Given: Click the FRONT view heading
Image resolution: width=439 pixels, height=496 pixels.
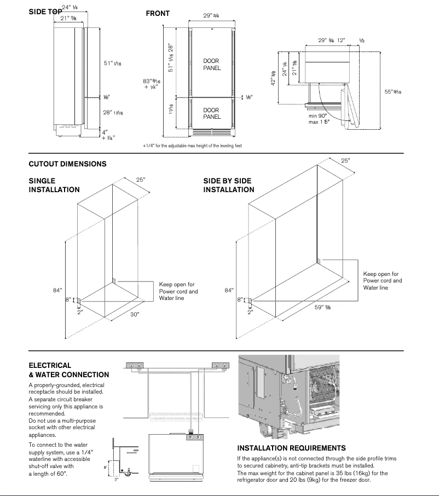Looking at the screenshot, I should (x=158, y=13).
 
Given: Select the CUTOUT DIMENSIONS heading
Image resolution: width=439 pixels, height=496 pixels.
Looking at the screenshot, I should (x=67, y=164).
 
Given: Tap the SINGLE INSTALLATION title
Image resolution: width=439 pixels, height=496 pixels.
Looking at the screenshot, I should (x=54, y=185).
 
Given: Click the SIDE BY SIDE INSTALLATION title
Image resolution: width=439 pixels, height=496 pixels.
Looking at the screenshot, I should (x=229, y=185).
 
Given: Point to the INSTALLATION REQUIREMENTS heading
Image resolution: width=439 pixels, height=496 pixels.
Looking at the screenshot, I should (x=291, y=448).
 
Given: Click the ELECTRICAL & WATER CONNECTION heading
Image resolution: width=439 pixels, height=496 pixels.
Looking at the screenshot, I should (x=68, y=370).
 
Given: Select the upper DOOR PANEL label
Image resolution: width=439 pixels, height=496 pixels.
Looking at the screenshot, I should (x=212, y=65).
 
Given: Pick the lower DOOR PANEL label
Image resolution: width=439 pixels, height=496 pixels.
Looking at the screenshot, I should (x=212, y=114).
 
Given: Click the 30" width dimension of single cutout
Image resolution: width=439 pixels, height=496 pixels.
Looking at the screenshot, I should (x=135, y=315).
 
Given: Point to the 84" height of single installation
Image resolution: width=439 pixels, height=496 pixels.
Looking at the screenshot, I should (x=57, y=290).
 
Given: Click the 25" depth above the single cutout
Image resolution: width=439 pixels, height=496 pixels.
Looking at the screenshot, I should (x=141, y=180).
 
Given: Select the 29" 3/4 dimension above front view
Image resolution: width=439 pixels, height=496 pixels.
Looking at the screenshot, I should (x=211, y=16).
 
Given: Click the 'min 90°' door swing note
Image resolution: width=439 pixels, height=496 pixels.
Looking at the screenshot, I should (x=317, y=116).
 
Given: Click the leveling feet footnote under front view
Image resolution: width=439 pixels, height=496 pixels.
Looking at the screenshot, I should (x=192, y=146).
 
